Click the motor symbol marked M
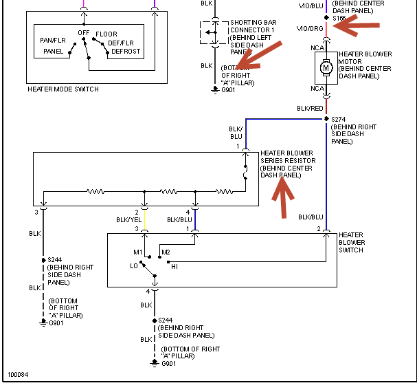(326, 67)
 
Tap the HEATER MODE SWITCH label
(63, 89)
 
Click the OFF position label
(84, 33)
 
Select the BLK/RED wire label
(310, 108)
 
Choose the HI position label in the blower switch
(174, 265)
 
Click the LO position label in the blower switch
(134, 265)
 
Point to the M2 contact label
(166, 252)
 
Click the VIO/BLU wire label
(310, 6)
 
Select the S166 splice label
(340, 19)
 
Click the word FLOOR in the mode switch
(106, 34)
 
